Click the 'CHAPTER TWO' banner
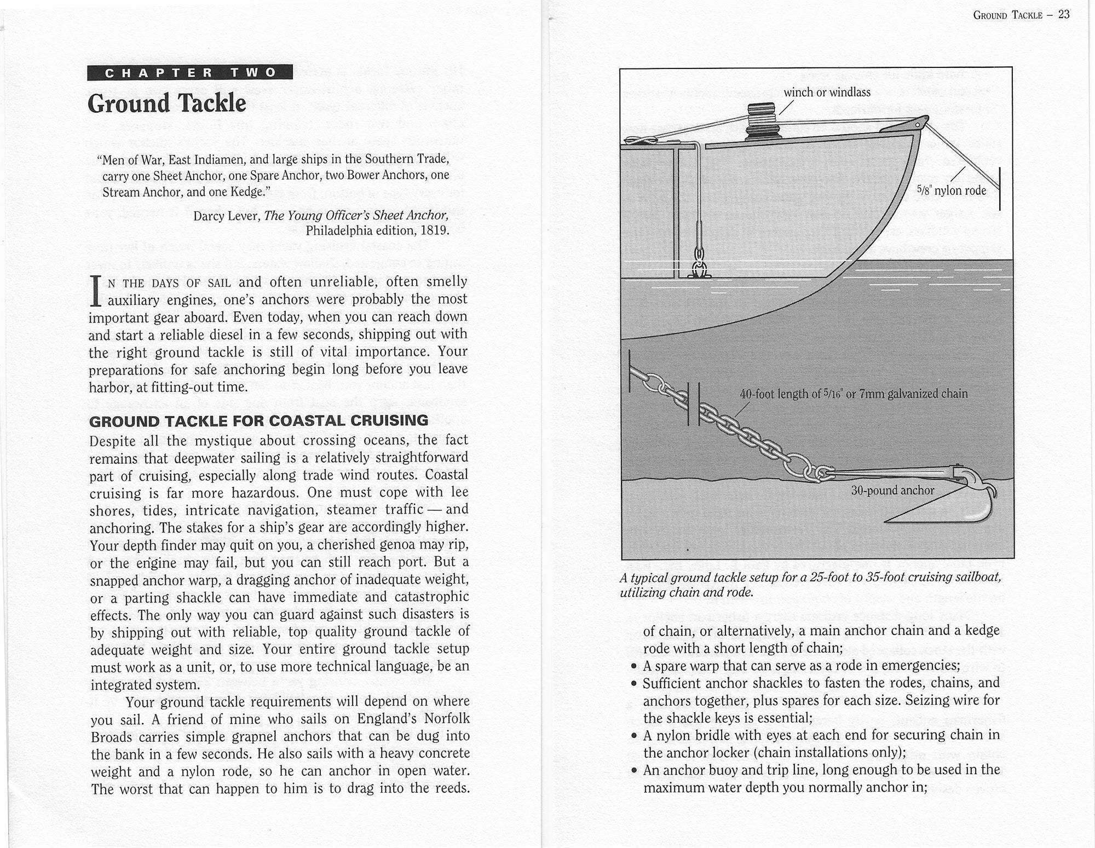click(x=190, y=72)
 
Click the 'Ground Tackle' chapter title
click(x=167, y=103)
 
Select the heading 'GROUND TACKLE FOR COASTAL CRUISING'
click(x=258, y=421)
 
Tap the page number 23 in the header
click(x=1063, y=15)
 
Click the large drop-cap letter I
click(x=96, y=291)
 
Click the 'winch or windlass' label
click(x=827, y=93)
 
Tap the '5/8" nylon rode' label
click(x=951, y=191)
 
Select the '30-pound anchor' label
click(x=892, y=491)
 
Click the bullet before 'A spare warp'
click(x=633, y=666)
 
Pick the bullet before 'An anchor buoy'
click(x=633, y=771)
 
